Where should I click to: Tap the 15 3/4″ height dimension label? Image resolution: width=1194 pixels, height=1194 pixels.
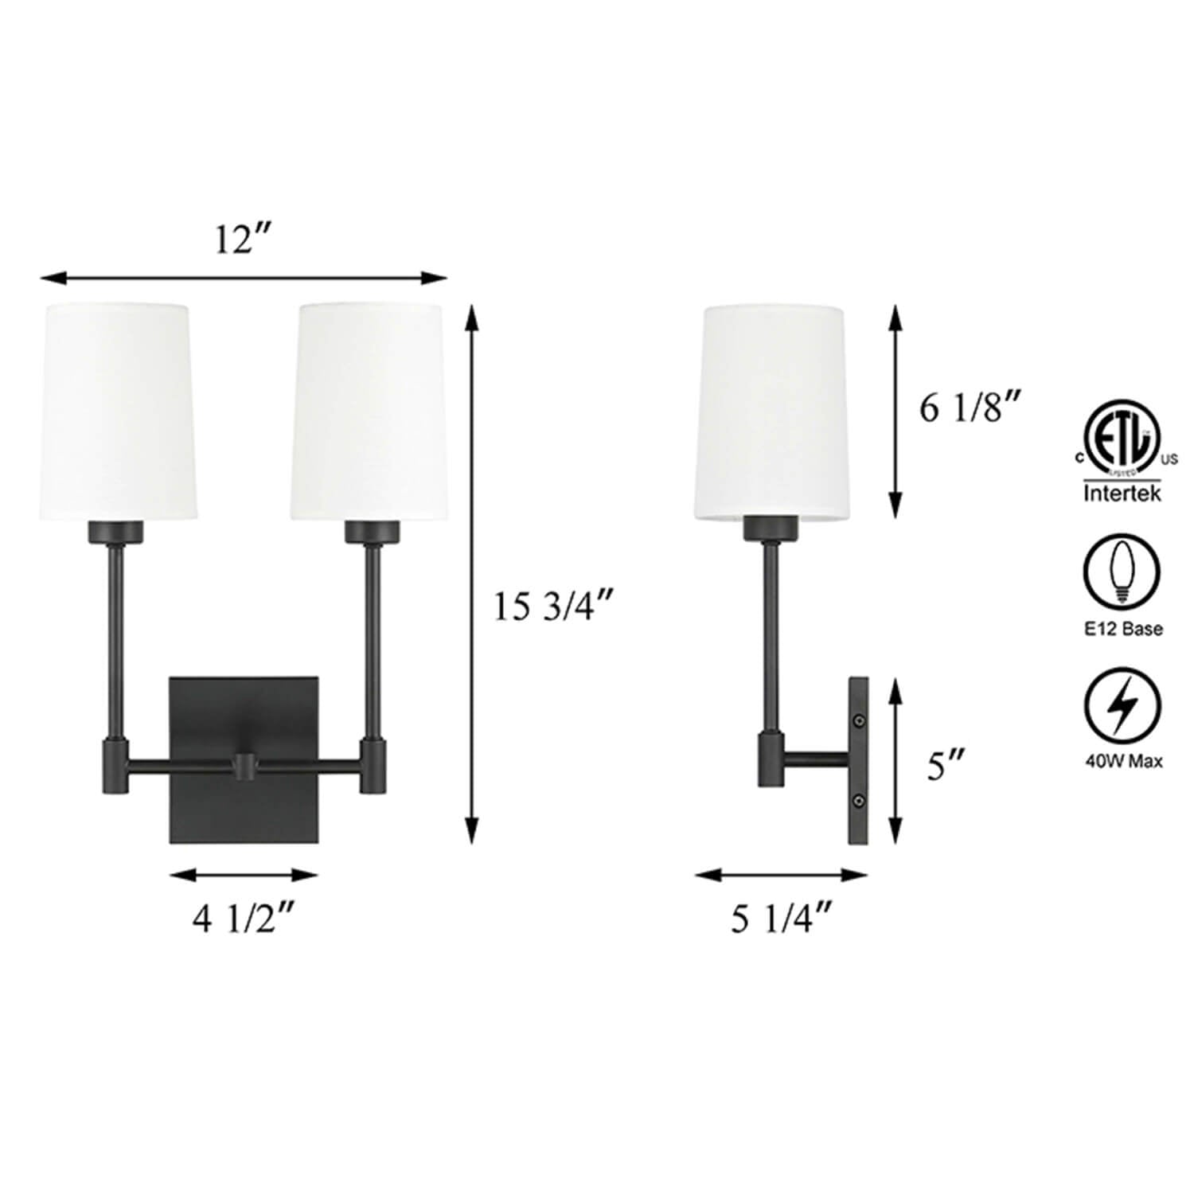(x=553, y=607)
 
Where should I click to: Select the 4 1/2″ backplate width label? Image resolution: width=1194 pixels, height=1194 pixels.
(x=244, y=920)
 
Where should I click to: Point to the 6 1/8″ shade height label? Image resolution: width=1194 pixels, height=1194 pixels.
(x=970, y=409)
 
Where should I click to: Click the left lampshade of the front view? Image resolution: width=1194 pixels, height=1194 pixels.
(x=118, y=412)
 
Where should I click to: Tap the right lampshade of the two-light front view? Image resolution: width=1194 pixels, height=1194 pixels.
(x=371, y=412)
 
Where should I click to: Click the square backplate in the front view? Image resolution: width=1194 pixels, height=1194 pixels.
(x=244, y=759)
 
